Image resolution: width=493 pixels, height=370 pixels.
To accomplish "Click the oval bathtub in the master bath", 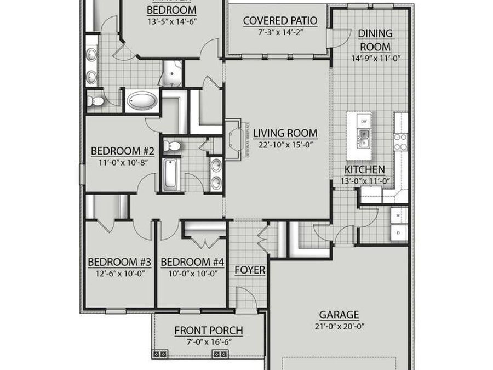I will point(142,101).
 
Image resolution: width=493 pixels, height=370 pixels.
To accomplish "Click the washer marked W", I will point(398,216).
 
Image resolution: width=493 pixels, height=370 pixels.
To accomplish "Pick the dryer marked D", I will point(398,233).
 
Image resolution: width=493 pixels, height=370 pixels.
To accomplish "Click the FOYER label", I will point(250,270).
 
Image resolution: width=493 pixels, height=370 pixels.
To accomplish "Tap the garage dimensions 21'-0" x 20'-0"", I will point(339,326).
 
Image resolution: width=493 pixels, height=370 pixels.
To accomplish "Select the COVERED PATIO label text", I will point(280,21).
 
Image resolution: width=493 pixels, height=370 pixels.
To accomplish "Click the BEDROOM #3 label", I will point(119,262).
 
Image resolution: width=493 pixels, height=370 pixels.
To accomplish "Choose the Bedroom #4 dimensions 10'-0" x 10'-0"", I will point(192,272).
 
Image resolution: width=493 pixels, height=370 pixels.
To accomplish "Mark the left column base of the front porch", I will point(163,354).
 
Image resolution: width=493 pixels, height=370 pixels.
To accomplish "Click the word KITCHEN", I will point(364,170).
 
